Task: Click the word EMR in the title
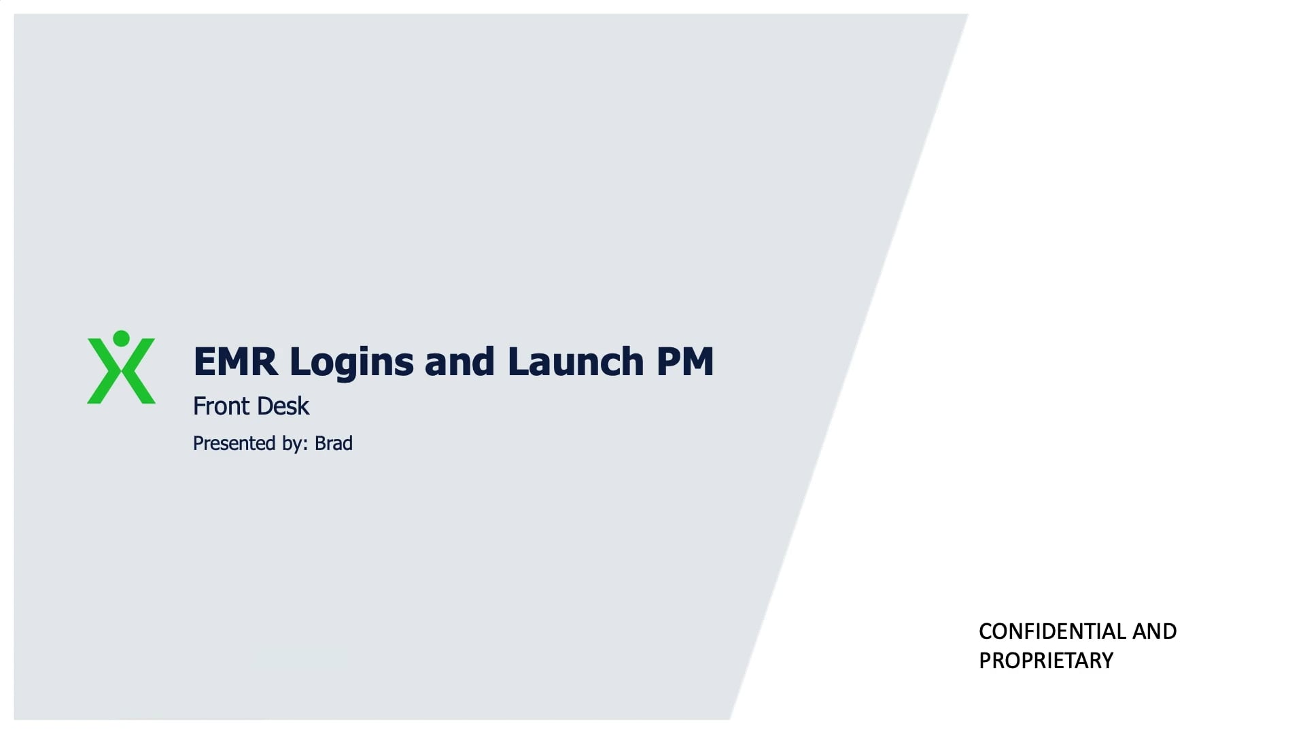pyautogui.click(x=235, y=362)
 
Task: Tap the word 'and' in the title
pyautogui.click(x=459, y=362)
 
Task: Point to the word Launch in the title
pyautogui.click(x=575, y=362)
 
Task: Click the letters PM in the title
pyautogui.click(x=685, y=362)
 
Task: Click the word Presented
pyautogui.click(x=234, y=444)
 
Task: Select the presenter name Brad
pyautogui.click(x=334, y=444)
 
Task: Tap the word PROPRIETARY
pyautogui.click(x=1045, y=661)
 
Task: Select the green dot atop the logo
pyautogui.click(x=122, y=338)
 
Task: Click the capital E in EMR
pyautogui.click(x=204, y=362)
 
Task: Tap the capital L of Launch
pyautogui.click(x=518, y=362)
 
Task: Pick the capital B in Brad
pyautogui.click(x=320, y=444)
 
